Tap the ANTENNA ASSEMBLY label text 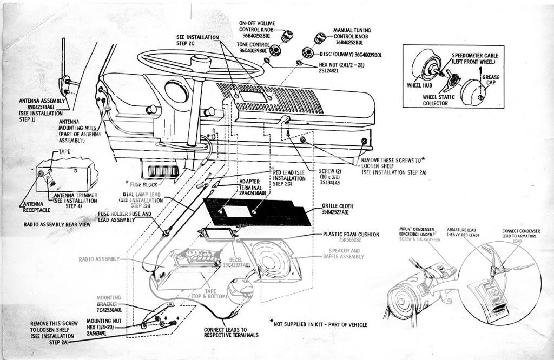click(x=42, y=101)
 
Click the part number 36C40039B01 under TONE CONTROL click(x=255, y=50)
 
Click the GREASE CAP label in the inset click(x=491, y=81)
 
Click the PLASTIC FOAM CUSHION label click(x=352, y=234)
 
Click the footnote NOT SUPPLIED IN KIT click(x=321, y=324)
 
